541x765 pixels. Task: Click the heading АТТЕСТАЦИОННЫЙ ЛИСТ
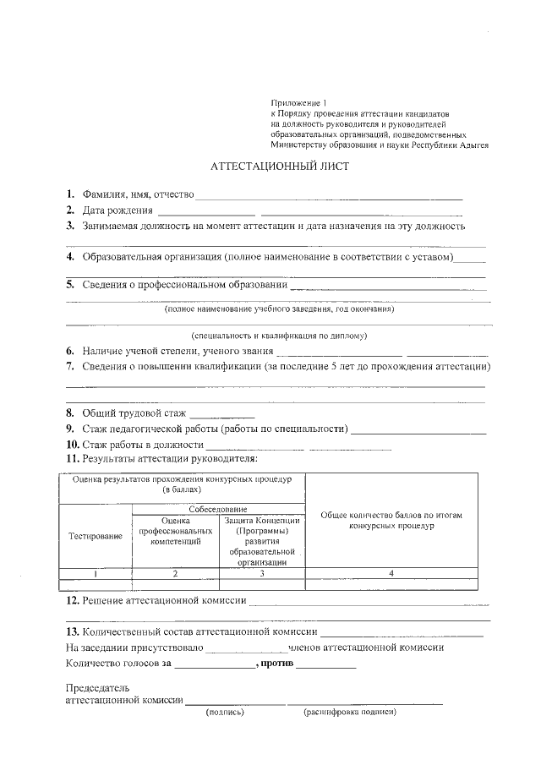click(279, 167)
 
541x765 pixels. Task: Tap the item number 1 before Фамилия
click(69, 194)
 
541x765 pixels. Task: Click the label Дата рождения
click(117, 210)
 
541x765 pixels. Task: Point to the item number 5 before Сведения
click(69, 285)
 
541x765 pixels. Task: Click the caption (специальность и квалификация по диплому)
click(279, 335)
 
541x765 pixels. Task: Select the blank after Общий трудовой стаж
click(222, 414)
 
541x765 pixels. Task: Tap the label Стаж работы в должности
click(143, 445)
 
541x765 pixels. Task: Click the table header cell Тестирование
click(96, 536)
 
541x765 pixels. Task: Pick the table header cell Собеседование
click(218, 510)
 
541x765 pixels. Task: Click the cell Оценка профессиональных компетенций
click(175, 531)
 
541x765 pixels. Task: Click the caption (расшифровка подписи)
click(349, 712)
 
